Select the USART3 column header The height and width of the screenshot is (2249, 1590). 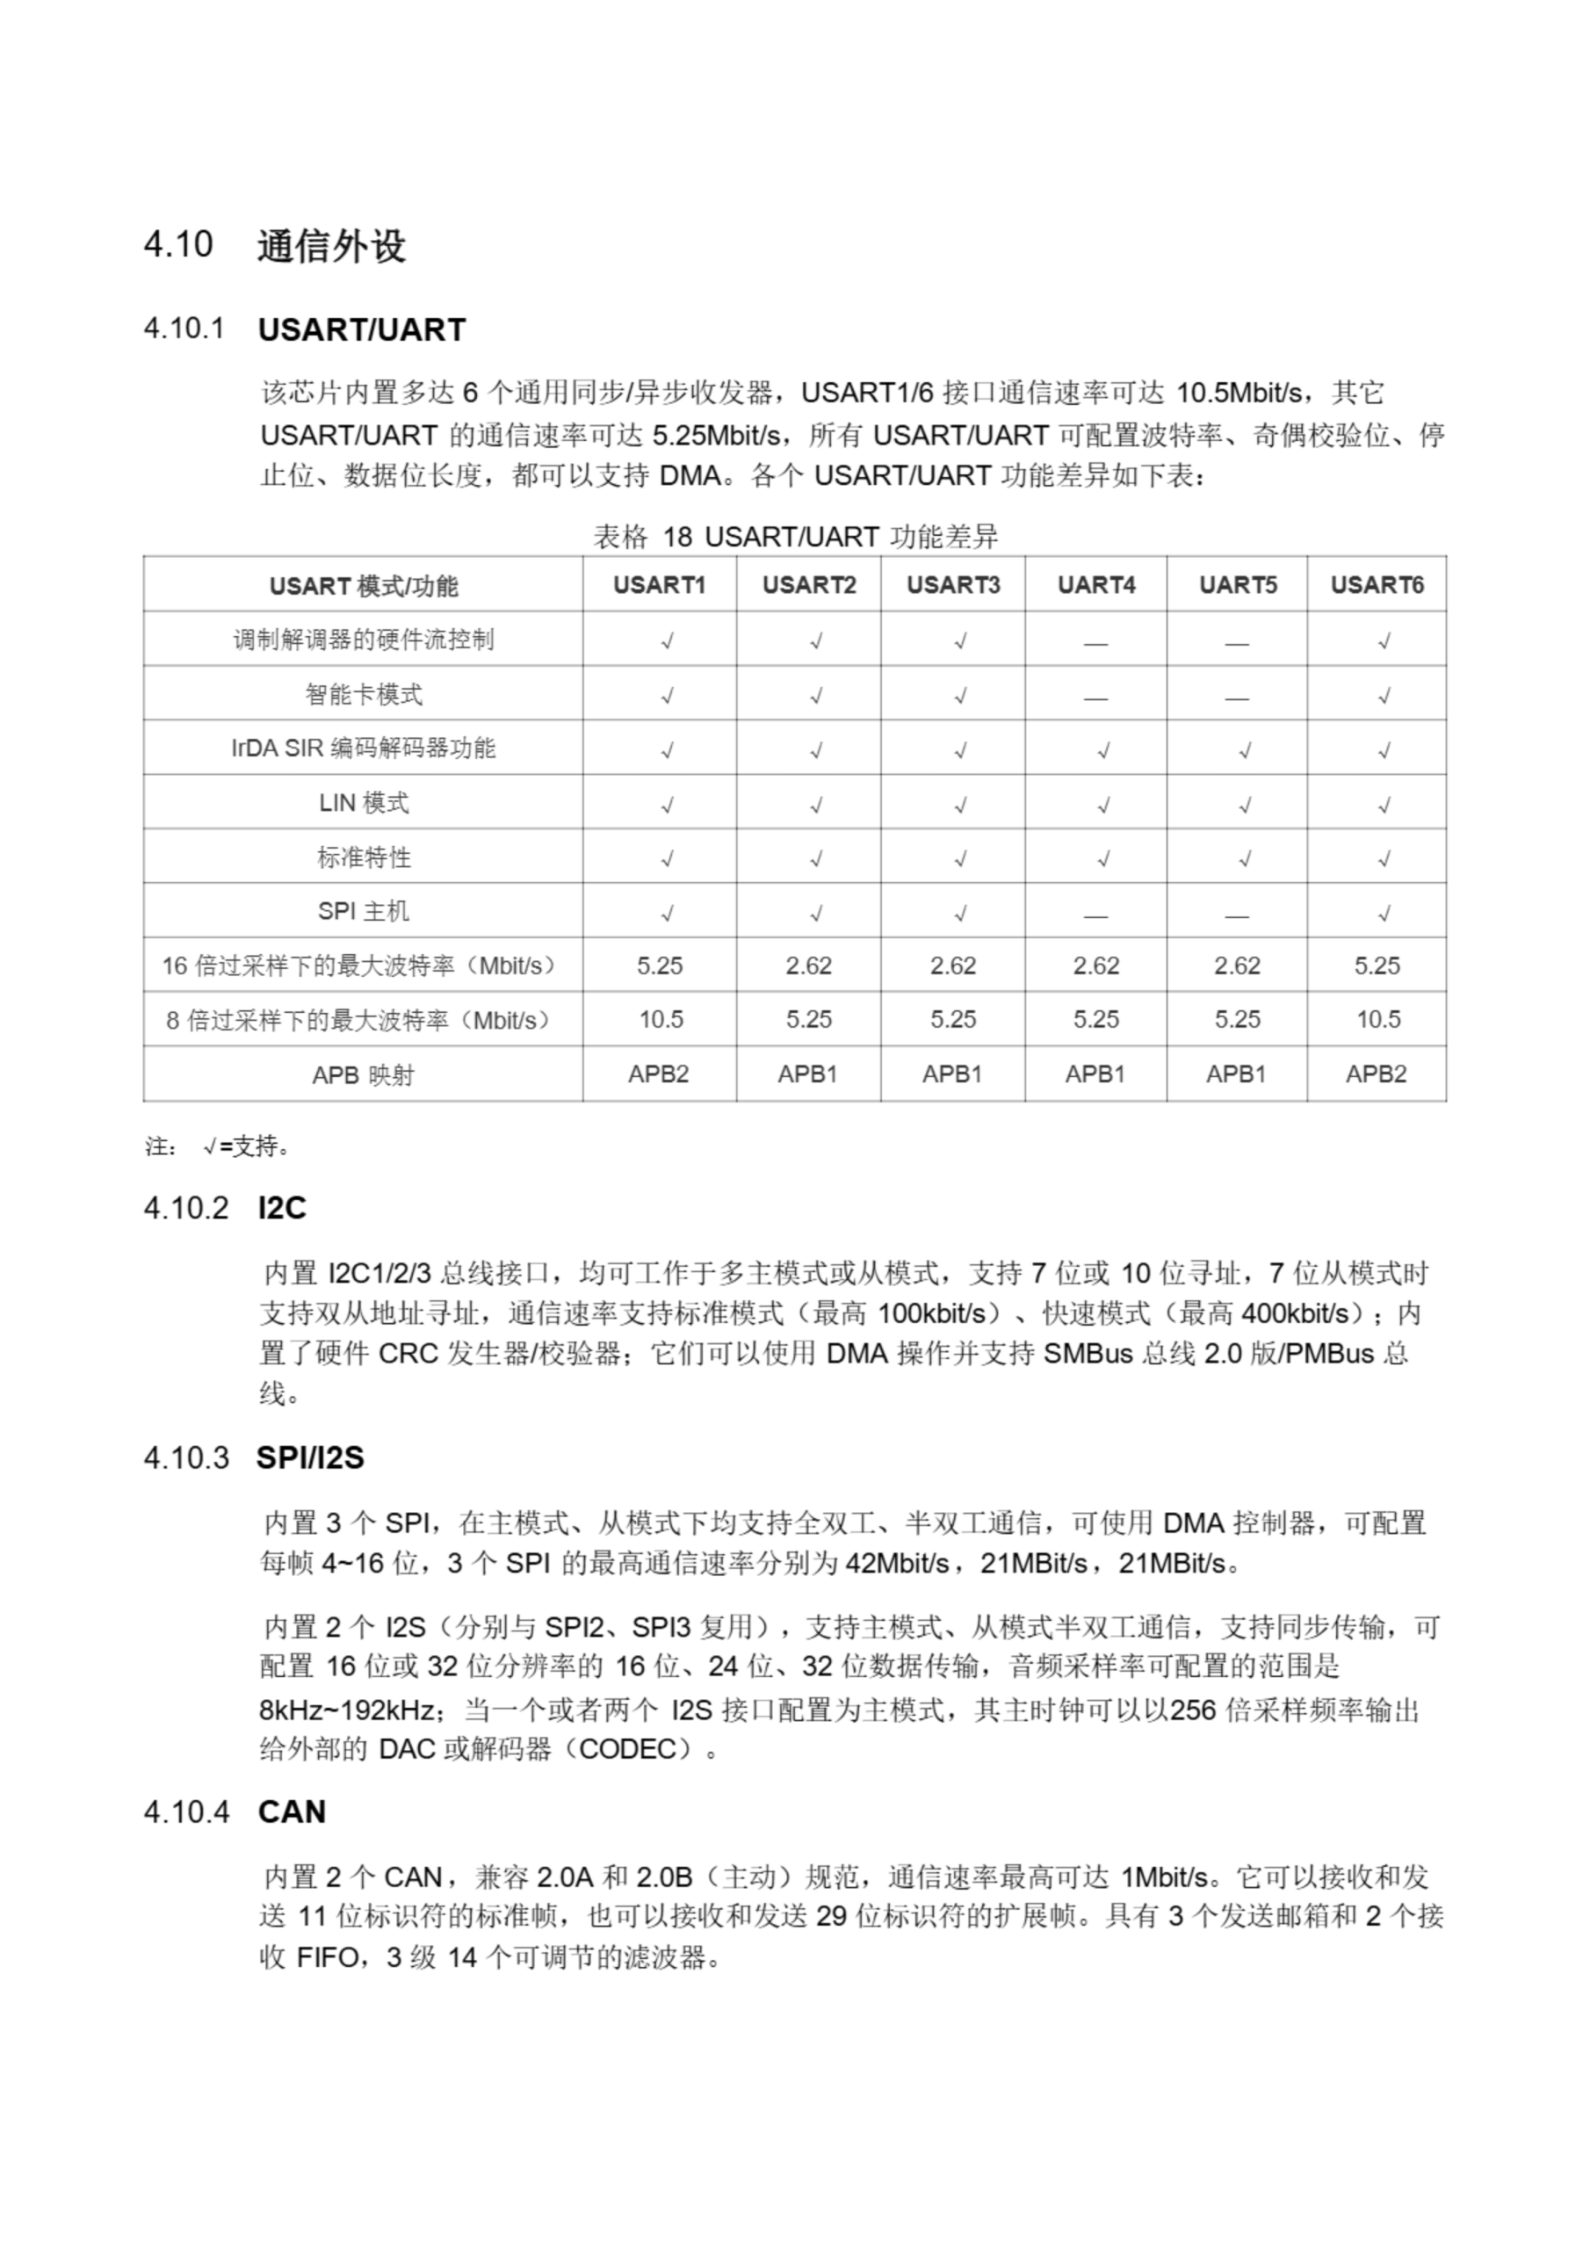(x=952, y=585)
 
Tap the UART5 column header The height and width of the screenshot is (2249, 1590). (x=1238, y=585)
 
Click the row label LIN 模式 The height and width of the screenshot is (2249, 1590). (x=364, y=803)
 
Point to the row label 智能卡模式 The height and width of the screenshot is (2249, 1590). (x=364, y=695)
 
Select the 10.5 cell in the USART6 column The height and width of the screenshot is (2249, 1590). (x=1377, y=1020)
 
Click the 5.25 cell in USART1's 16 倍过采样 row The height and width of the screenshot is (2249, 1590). (x=660, y=965)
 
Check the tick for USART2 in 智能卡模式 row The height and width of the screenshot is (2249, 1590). (x=816, y=697)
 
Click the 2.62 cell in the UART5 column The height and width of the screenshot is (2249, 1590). (x=1236, y=965)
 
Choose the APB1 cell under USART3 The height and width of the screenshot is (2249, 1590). (x=952, y=1074)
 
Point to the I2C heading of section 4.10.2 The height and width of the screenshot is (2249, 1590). (x=282, y=1208)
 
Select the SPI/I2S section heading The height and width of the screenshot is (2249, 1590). (x=309, y=1458)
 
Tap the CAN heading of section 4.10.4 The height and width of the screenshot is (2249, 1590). (x=292, y=1812)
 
